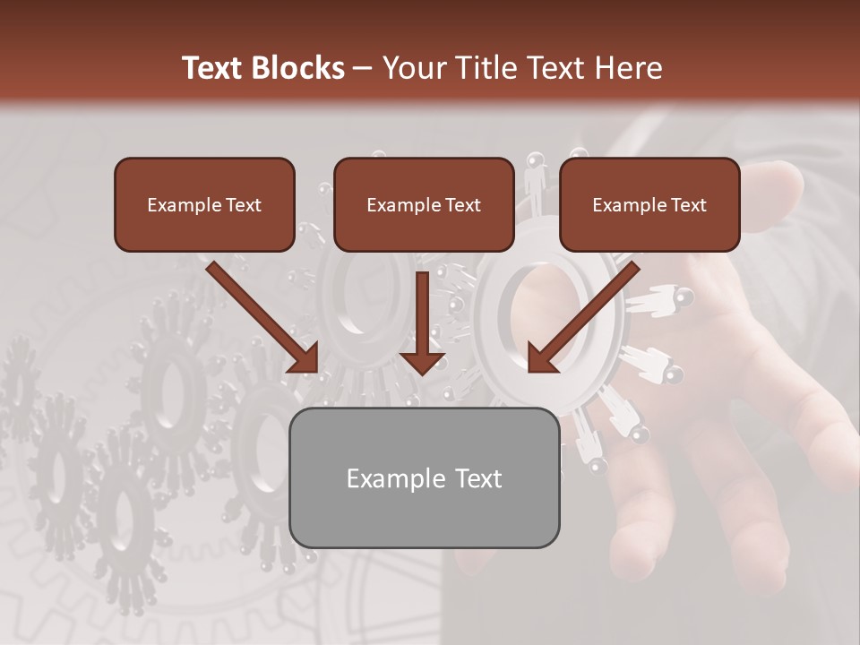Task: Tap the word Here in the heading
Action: (626, 68)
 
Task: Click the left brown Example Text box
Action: (204, 204)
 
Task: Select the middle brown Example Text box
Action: (424, 204)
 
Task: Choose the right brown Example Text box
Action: (649, 204)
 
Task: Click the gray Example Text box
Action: (424, 477)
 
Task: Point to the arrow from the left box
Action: (260, 314)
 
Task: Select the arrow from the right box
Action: (587, 314)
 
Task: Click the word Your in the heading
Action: (414, 68)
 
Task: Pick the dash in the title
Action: (363, 68)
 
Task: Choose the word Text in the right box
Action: (689, 205)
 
